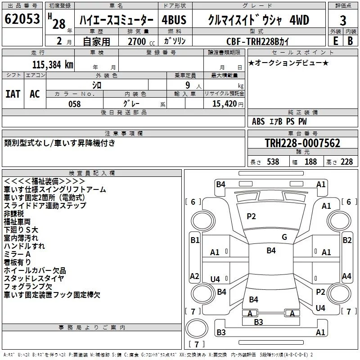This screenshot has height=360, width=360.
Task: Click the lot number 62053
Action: pos(22,19)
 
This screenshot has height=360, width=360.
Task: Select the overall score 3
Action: pos(343,21)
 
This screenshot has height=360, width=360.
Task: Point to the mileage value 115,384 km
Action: pos(53,64)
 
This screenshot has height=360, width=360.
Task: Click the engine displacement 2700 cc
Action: pos(137,41)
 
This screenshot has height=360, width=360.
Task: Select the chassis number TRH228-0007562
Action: pos(302,144)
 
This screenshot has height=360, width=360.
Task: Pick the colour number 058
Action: pos(74,104)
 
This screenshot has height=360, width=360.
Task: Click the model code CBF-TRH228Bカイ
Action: pos(264,40)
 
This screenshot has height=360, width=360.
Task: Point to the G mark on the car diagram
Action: pos(284,237)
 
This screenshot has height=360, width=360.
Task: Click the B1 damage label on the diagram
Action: pos(195,240)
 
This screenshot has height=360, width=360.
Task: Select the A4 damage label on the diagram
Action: pos(346,276)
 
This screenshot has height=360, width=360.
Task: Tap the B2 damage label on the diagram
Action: pos(347,240)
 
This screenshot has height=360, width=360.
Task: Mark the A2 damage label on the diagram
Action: pos(195,276)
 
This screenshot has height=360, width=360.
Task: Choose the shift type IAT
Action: pos(13,94)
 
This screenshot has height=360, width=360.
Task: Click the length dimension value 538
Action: pos(273,162)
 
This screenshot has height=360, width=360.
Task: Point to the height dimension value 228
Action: pos(347,162)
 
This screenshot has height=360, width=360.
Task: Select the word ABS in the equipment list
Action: pos(259,121)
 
